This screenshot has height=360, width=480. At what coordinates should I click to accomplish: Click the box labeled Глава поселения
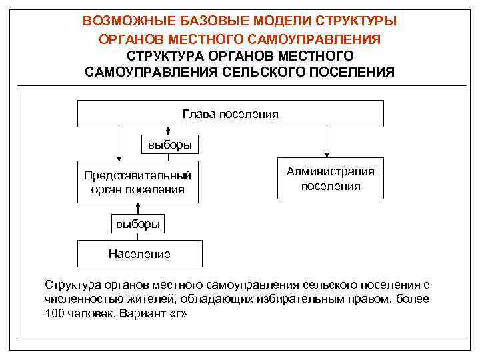tap(231, 113)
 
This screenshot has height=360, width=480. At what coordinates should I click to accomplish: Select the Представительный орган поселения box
tap(137, 182)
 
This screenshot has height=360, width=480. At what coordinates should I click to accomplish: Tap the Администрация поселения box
tap(331, 179)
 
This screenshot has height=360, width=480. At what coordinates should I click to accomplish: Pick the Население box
tap(139, 253)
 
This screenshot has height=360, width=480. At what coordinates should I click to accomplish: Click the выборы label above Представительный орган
tap(169, 145)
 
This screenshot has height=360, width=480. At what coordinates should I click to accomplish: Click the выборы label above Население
tap(138, 224)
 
